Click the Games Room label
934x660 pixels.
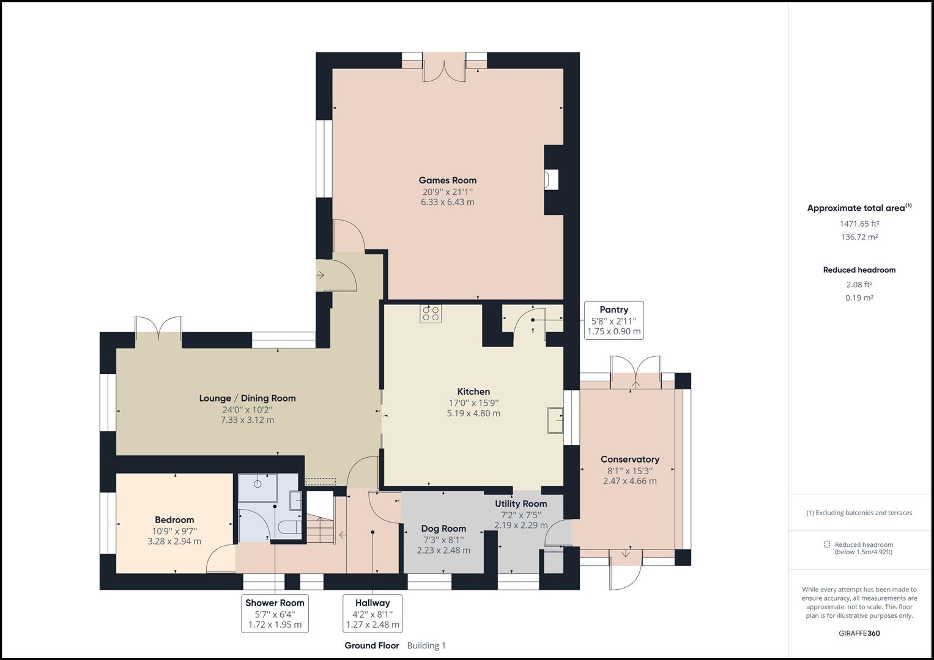click(447, 180)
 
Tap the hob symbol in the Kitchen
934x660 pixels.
click(431, 314)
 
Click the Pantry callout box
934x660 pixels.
click(613, 321)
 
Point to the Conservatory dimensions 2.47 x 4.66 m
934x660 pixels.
click(629, 481)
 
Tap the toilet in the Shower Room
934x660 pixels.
click(287, 527)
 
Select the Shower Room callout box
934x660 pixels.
click(275, 614)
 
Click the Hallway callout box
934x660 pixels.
click(372, 614)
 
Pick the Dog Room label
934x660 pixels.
click(443, 529)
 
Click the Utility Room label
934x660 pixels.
click(521, 504)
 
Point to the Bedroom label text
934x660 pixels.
click(174, 519)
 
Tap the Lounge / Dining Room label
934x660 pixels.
click(247, 398)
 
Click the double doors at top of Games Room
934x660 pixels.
click(445, 67)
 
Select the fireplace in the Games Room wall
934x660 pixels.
click(552, 180)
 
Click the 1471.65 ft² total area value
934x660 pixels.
click(859, 224)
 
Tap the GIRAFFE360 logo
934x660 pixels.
click(859, 633)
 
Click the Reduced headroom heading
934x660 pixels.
click(859, 269)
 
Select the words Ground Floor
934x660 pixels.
click(371, 645)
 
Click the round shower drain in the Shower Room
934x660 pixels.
click(258, 483)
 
